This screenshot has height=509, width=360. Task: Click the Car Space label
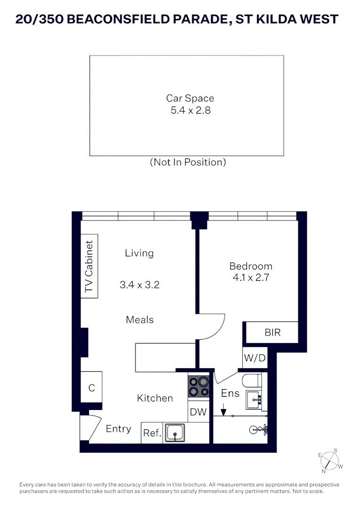190,98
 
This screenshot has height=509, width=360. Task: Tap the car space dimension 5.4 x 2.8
190,111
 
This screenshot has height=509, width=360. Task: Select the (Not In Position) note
188,162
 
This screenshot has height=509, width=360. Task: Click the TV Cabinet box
89,266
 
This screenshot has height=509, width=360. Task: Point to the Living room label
139,253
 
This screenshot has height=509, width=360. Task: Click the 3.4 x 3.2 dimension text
139,285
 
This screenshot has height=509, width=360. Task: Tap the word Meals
139,320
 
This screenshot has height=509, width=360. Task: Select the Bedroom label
251,266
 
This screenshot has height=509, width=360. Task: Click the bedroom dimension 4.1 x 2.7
251,278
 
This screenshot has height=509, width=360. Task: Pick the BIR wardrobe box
272,332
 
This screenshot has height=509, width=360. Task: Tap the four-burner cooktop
198,386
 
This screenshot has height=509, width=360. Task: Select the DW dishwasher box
198,412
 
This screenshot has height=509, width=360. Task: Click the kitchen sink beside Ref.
175,432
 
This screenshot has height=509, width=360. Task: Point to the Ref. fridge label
152,433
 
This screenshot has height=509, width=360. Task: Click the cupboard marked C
92,388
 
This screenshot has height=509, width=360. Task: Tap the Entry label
118,429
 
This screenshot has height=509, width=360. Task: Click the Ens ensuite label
230,393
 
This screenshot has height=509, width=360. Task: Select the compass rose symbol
330,460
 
